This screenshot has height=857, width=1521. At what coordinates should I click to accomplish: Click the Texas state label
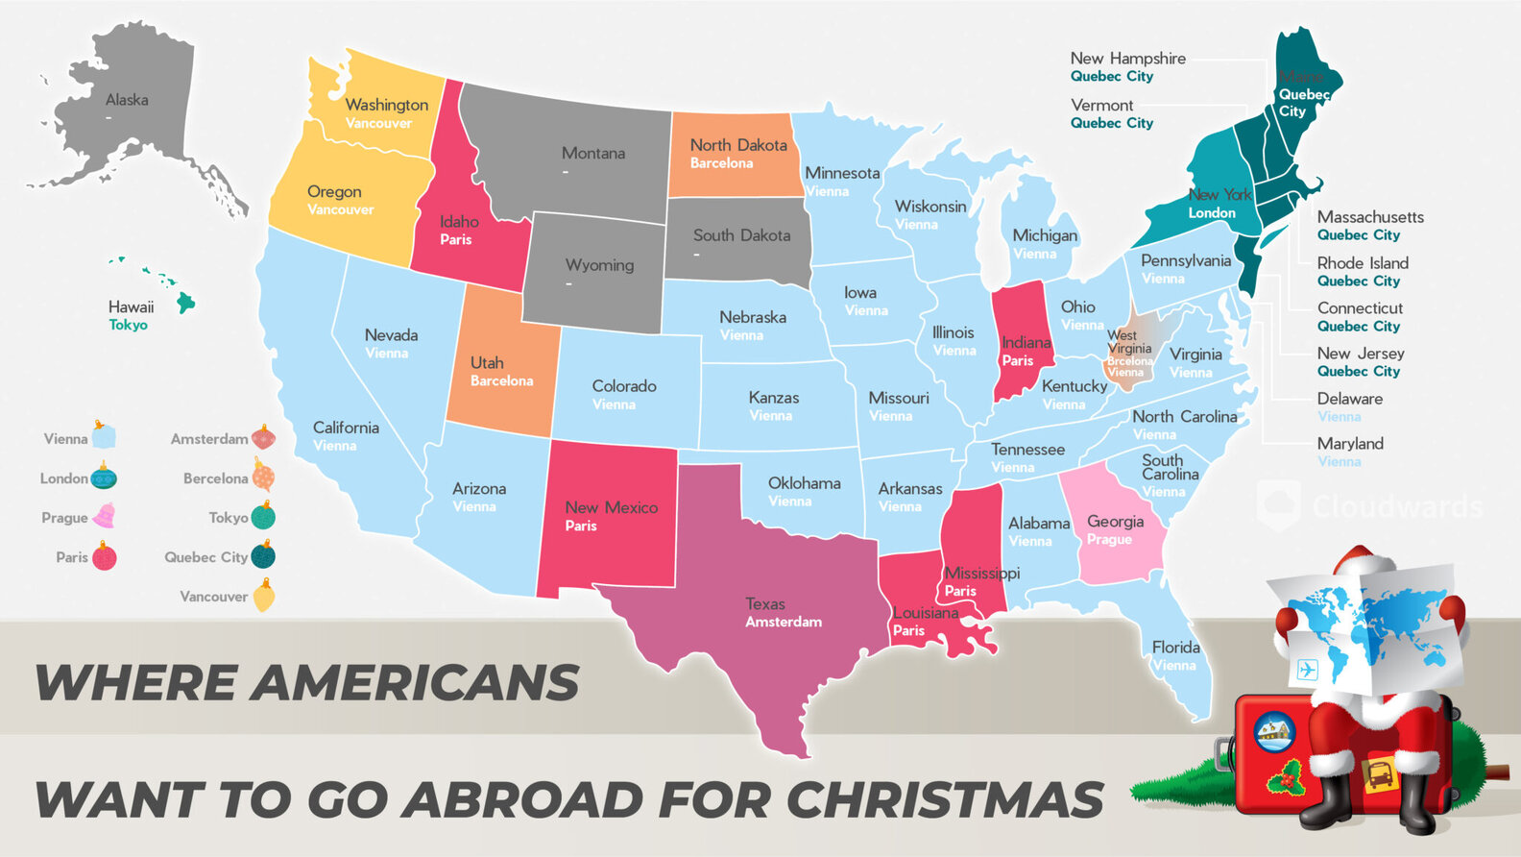coord(765,604)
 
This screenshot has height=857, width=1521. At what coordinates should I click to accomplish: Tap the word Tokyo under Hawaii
coord(128,325)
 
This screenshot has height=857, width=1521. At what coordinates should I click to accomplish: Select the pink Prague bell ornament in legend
coord(103,516)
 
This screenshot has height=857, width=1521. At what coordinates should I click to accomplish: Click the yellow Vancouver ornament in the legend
coord(264,596)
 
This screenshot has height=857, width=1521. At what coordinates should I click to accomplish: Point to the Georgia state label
coord(1115,522)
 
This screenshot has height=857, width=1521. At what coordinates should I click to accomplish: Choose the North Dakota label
coord(737,145)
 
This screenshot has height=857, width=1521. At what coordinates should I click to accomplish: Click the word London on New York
coord(1212,213)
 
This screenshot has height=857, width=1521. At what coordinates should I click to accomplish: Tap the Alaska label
coord(127,100)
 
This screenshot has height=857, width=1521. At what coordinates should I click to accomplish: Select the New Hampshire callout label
coord(1127,59)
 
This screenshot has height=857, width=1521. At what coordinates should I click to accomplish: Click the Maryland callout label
coord(1350,444)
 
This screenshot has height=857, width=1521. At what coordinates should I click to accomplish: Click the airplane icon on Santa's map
coord(1307,670)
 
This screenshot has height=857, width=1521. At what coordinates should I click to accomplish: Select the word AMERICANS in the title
coord(420,683)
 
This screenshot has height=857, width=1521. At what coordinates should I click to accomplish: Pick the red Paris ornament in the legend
coord(104,556)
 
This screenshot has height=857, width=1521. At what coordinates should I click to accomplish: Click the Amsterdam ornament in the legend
coord(263,438)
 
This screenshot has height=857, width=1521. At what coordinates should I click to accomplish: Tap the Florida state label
coord(1175,648)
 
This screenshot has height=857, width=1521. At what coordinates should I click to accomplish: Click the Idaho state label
coord(459,222)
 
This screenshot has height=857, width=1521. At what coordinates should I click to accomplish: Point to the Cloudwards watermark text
coord(1397,506)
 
